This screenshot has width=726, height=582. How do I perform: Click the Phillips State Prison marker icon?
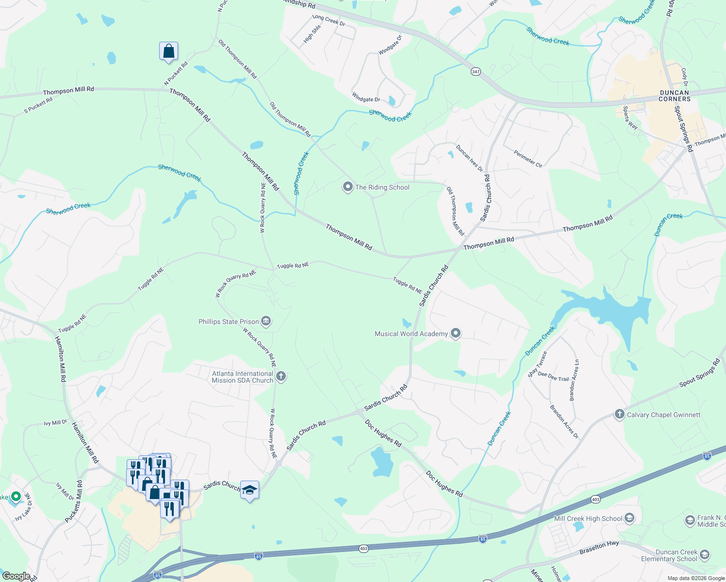point(265,321)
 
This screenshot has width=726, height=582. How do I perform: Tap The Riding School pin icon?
point(347,187)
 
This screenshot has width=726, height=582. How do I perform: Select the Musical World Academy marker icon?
point(455,333)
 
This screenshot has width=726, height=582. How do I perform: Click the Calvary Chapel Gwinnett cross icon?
point(619,414)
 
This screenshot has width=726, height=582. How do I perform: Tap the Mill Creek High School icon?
point(629,518)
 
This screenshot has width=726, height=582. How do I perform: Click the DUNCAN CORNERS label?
point(675,96)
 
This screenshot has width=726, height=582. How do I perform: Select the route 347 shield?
point(476,72)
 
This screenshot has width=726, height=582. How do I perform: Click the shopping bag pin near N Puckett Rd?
point(168,51)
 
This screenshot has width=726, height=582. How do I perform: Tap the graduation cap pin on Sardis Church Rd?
point(249,490)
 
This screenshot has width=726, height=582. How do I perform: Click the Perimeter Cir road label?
point(528,159)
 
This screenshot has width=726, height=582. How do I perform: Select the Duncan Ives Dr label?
point(469,158)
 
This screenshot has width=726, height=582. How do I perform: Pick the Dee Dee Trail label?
point(553,376)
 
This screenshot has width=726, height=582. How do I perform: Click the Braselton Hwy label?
point(599,548)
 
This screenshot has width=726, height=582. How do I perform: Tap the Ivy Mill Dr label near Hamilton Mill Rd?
point(55,423)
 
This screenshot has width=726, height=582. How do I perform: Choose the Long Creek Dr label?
point(329,20)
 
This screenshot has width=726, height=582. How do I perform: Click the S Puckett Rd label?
point(38,105)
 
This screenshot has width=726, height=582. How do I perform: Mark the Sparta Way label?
point(630,117)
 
